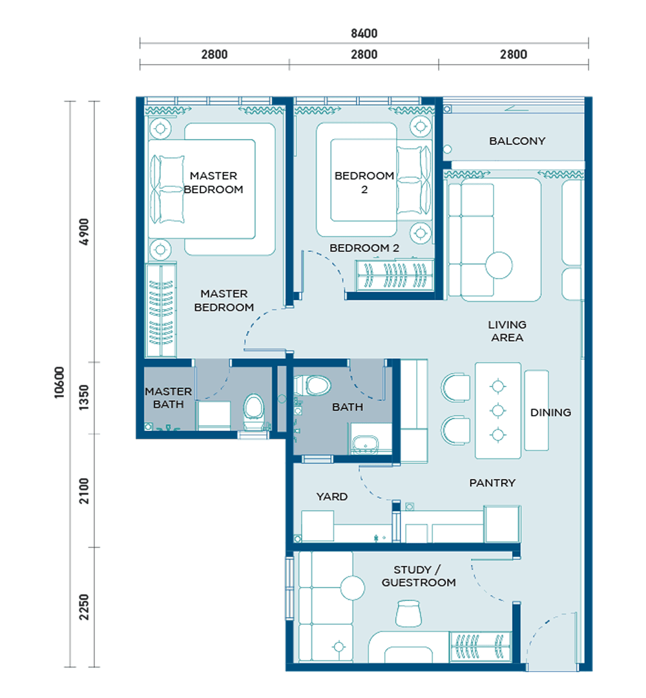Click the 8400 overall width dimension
364,34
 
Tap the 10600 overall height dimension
59,383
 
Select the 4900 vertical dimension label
83,231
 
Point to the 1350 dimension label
83,397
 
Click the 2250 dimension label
83,607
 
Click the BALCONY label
517,141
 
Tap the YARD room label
332,496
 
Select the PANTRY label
492,483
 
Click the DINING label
550,412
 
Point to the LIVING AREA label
507,331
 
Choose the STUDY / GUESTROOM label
419,576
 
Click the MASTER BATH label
168,398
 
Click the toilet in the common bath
313,385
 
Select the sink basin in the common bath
365,444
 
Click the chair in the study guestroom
408,613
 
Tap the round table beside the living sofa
499,266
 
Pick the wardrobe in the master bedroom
161,310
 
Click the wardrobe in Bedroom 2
394,275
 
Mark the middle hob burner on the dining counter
498,410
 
